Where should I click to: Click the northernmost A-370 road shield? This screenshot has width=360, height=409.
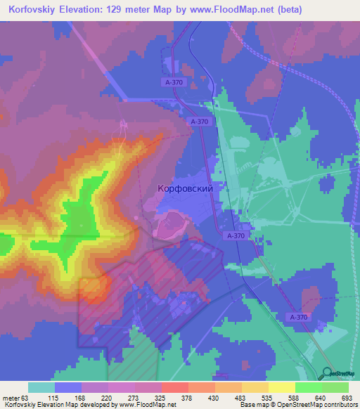tap(174, 83)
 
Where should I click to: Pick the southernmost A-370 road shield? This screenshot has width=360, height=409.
tap(298, 318)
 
